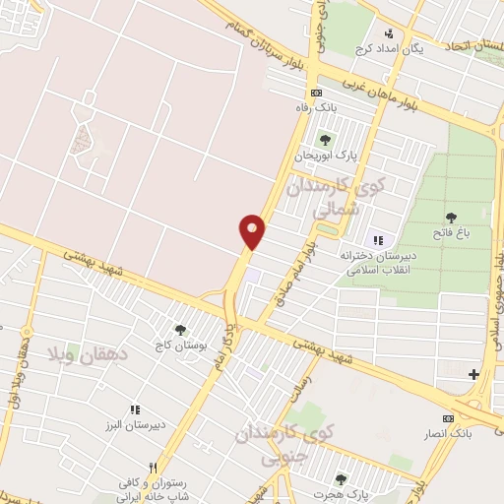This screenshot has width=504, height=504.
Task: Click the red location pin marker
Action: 253,231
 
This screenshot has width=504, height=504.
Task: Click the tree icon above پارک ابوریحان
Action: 325,140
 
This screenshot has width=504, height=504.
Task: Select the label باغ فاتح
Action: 452,234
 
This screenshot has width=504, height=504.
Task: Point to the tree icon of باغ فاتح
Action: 452,218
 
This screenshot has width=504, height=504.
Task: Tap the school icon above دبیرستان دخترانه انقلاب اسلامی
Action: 377,239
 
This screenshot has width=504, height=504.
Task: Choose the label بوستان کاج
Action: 178,346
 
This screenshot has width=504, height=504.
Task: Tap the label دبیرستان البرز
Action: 136,424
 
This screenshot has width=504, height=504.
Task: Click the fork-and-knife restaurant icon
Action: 152,469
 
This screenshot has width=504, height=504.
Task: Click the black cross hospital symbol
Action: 474,374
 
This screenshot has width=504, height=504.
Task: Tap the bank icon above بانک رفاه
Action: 314,93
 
